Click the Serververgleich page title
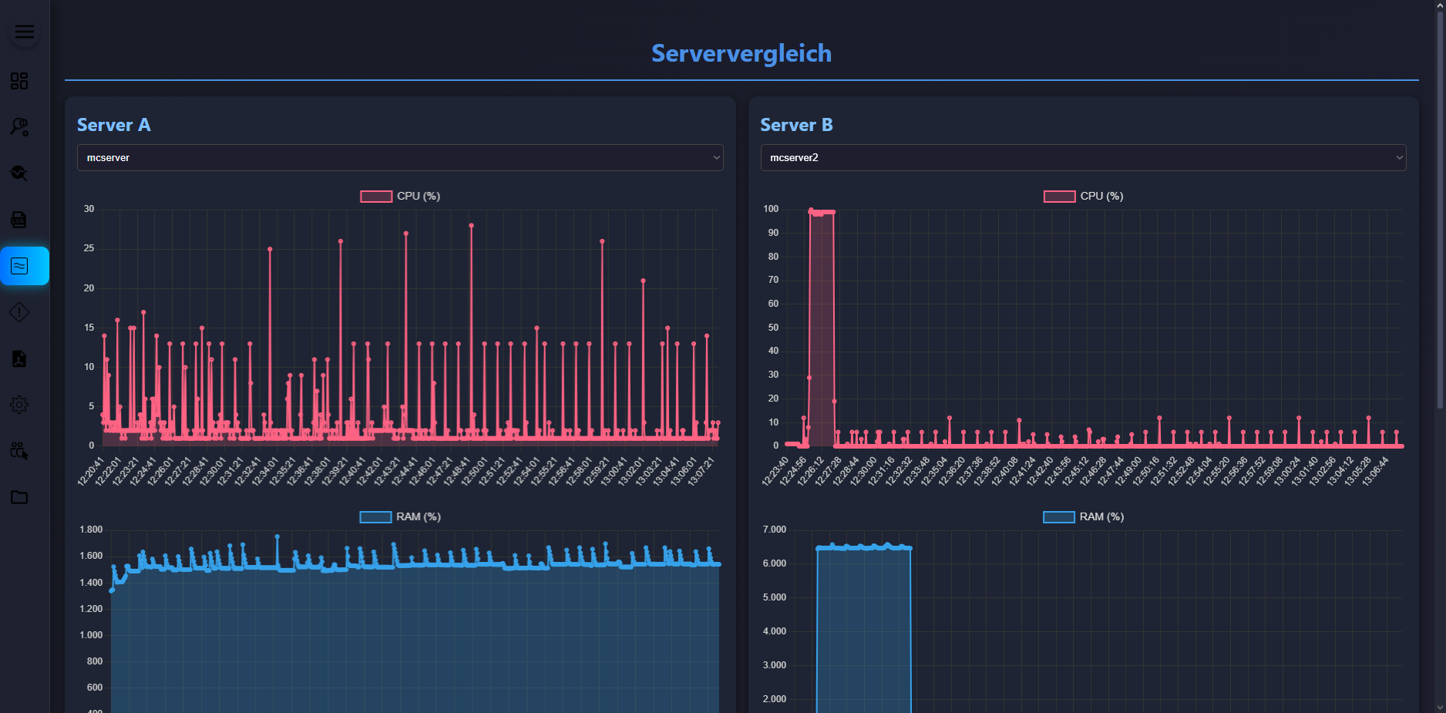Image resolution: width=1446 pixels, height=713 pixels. click(x=741, y=53)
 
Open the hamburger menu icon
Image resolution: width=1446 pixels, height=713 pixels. click(x=25, y=32)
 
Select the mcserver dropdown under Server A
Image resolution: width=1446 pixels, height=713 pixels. click(x=399, y=157)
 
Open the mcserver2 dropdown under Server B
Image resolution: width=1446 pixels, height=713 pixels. click(x=1083, y=157)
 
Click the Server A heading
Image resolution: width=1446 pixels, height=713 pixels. click(x=113, y=125)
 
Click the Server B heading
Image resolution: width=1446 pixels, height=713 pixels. click(x=796, y=125)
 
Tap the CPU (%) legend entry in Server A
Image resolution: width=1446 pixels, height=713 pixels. click(x=400, y=196)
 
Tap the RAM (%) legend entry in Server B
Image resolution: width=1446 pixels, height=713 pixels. click(x=1084, y=516)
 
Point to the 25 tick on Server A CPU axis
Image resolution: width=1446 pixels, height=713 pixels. click(x=89, y=248)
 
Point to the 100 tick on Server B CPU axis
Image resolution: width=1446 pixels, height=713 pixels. click(x=771, y=209)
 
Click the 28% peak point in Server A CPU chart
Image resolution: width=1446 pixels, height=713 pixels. click(x=471, y=226)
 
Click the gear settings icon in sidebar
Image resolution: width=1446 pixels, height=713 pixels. click(x=19, y=405)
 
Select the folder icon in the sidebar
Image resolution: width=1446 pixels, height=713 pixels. click(x=19, y=497)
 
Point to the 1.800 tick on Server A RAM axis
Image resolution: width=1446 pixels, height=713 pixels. click(x=91, y=530)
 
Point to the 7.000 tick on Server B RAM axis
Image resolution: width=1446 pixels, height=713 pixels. click(x=774, y=530)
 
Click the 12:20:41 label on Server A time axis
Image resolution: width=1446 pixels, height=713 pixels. click(x=90, y=471)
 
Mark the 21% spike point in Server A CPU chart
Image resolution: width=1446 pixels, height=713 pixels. click(x=643, y=281)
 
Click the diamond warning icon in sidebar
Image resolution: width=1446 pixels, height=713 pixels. click(x=19, y=312)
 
